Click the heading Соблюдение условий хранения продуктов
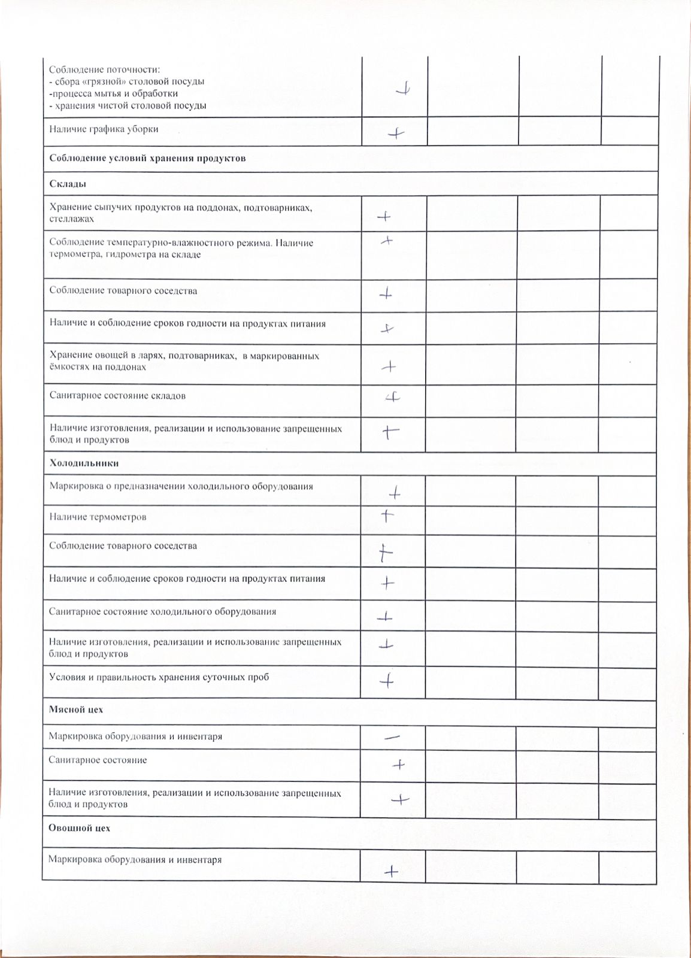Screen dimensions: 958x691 [147, 158]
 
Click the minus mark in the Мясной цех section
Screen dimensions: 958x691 [393, 738]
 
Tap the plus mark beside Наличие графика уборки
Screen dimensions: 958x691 [396, 134]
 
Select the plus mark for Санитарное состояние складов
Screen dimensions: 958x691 [393, 397]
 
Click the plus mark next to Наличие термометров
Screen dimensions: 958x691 [387, 516]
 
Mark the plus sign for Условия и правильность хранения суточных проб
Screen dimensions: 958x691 [387, 681]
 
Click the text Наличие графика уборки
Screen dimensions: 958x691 [104, 129]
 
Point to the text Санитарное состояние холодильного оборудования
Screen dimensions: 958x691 [162, 612]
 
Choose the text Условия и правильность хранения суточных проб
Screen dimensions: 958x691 [159, 677]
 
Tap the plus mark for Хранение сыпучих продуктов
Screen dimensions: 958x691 [384, 217]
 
